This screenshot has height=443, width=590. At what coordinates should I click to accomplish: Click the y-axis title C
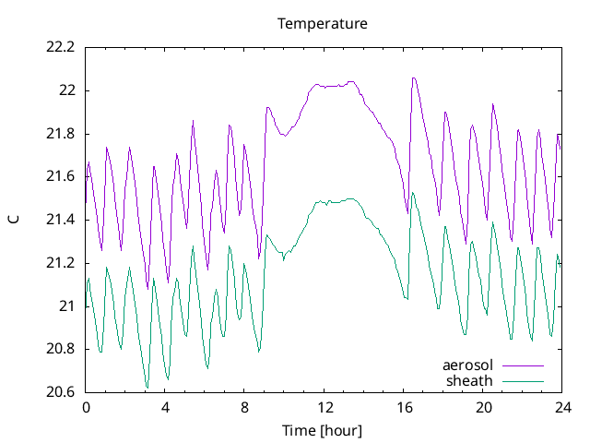[x=14, y=220]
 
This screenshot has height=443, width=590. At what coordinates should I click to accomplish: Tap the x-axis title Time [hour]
[x=323, y=431]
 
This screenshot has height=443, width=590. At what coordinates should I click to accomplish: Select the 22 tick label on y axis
[x=67, y=90]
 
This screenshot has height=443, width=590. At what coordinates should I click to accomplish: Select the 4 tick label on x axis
[x=165, y=407]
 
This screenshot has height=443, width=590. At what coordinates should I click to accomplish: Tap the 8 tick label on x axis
[x=244, y=407]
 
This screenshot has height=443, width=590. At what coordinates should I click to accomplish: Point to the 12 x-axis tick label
[x=324, y=407]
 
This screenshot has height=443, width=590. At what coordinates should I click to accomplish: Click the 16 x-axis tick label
[x=404, y=407]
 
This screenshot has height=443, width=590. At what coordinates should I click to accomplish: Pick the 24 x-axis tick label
[x=562, y=407]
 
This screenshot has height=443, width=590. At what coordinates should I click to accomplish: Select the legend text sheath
[x=470, y=380]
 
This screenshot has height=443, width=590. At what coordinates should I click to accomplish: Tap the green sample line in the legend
[x=522, y=381]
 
